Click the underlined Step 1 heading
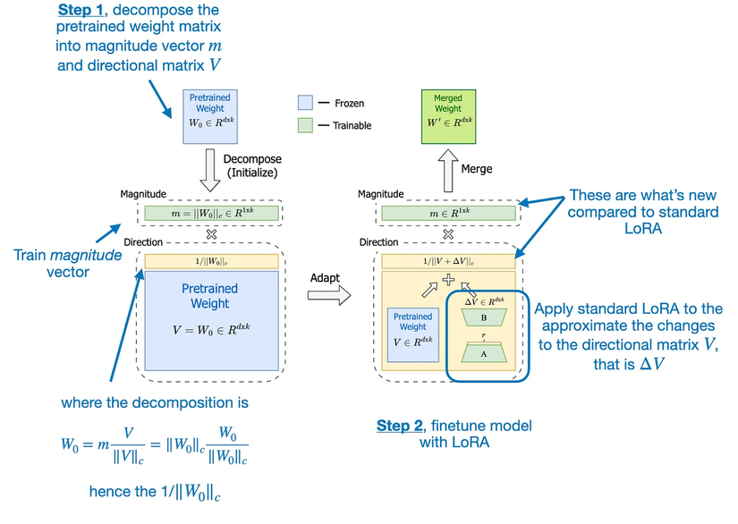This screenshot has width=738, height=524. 83,10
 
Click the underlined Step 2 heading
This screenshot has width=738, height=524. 400,426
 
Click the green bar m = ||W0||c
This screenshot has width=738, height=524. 212,214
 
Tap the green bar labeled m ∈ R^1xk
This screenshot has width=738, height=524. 449,214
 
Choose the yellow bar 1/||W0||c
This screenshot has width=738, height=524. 211,261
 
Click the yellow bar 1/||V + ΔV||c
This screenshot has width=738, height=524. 449,261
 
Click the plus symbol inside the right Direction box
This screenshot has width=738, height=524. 449,280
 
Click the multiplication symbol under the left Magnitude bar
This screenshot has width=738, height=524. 212,232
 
